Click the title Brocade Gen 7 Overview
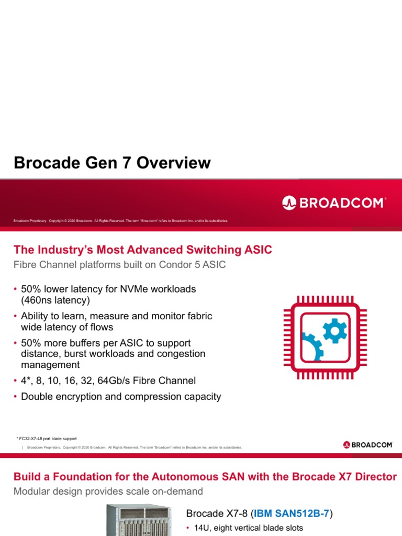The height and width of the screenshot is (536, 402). pos(112,163)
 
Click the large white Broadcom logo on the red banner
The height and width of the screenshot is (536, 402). pos(334,203)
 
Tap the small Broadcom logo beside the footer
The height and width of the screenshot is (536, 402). pos(368,445)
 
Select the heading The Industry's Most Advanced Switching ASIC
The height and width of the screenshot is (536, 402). pos(142,250)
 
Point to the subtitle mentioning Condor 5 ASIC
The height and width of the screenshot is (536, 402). pos(119,264)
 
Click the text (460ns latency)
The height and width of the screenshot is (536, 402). pos(55,300)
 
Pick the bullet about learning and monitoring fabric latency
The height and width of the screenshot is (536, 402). pos(116,321)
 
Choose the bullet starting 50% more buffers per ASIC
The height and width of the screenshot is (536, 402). pos(113,353)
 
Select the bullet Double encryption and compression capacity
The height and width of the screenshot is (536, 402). pos(121,396)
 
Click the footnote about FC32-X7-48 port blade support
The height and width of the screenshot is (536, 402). pos(47,439)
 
